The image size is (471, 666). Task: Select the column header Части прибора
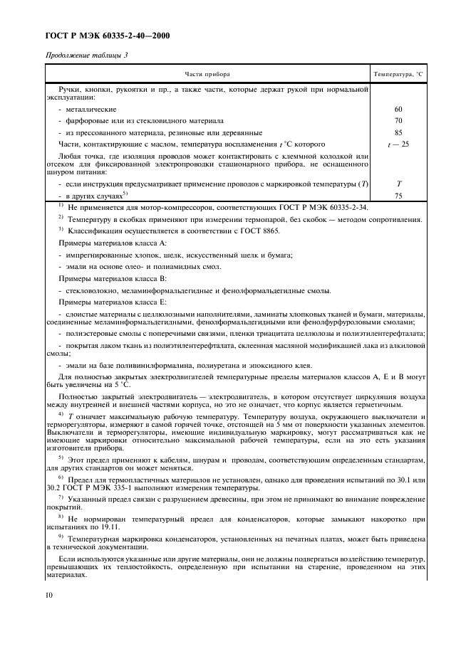pos(208,74)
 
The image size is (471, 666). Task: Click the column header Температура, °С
pos(398,74)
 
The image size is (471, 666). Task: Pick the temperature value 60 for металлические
pos(398,110)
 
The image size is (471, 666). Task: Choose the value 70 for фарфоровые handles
pos(398,121)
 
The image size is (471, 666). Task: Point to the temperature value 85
pos(398,132)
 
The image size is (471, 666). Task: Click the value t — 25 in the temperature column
pos(398,144)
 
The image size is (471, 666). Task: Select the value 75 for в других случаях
pos(398,195)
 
